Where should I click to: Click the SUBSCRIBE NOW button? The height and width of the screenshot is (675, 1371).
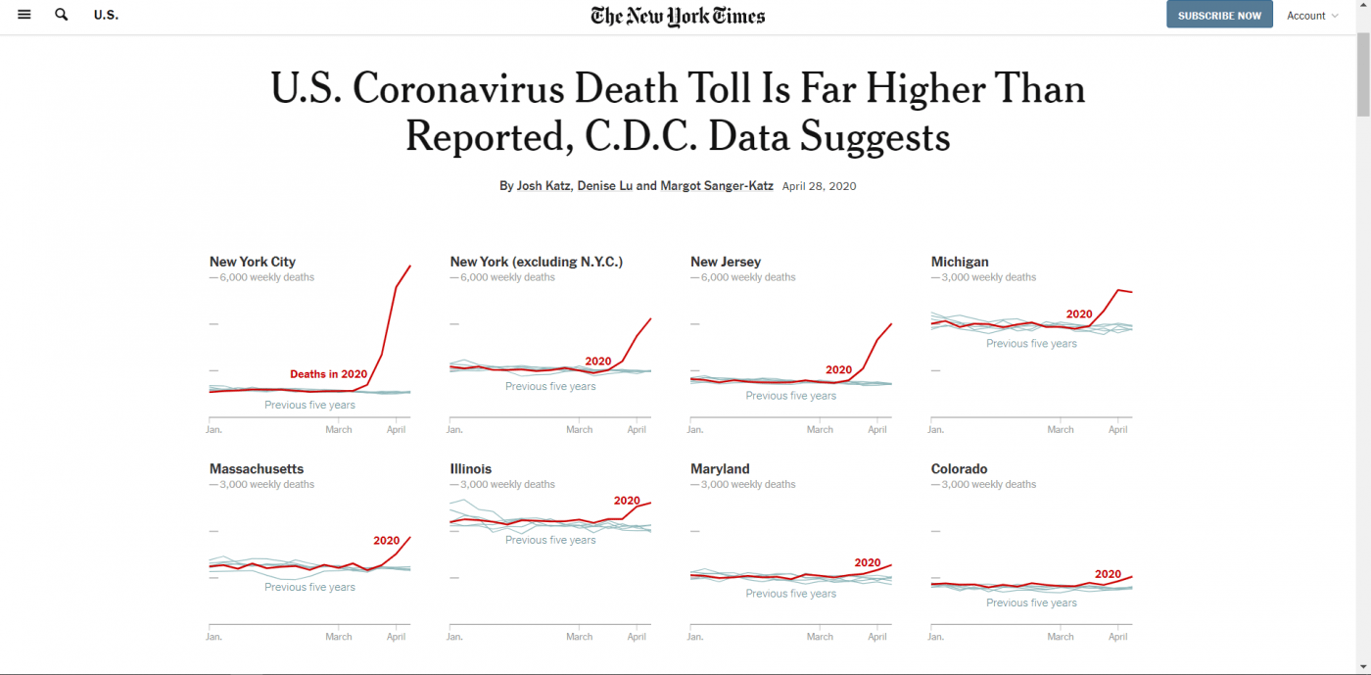[1219, 16]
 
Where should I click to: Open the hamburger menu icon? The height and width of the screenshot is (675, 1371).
[24, 15]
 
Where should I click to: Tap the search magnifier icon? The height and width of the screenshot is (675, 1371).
[62, 15]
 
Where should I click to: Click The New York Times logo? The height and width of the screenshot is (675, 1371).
[678, 16]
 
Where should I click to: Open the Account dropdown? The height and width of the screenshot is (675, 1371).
[1312, 16]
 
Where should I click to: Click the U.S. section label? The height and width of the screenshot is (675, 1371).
[106, 16]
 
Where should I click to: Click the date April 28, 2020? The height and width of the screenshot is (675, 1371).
[819, 186]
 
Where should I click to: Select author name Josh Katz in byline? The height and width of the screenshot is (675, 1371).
[542, 186]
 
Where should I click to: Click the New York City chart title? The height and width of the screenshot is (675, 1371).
[253, 262]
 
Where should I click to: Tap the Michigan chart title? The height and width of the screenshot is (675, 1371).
[960, 262]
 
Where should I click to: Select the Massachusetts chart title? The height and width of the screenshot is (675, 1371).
[257, 469]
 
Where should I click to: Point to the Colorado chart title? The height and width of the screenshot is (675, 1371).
[959, 469]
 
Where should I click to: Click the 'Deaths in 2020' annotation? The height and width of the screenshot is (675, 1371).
[328, 374]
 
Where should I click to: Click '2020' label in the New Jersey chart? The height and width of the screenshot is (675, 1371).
[838, 370]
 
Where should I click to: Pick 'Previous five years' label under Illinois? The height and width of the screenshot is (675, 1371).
[550, 540]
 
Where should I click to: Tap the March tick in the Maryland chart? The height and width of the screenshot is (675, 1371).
[820, 637]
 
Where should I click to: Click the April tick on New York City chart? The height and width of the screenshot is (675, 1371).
[397, 429]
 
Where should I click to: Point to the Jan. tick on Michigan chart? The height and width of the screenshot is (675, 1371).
[935, 429]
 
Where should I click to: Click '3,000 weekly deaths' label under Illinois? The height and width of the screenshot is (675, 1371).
[507, 484]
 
